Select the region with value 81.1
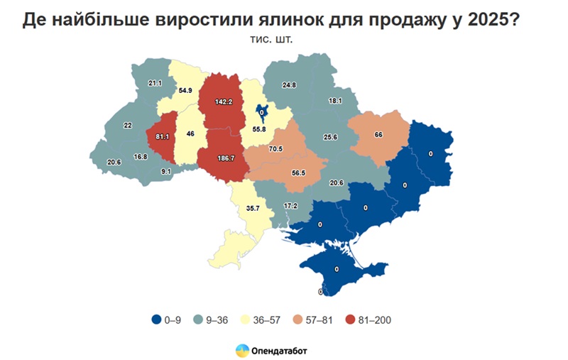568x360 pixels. [x=163, y=135]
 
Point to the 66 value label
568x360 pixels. [x=379, y=133]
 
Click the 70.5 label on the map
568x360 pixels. [x=275, y=149]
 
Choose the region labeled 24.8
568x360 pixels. [x=289, y=85]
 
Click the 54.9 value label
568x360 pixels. [x=186, y=90]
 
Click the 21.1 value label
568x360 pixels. [x=154, y=83]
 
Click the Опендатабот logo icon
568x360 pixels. [x=242, y=349]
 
